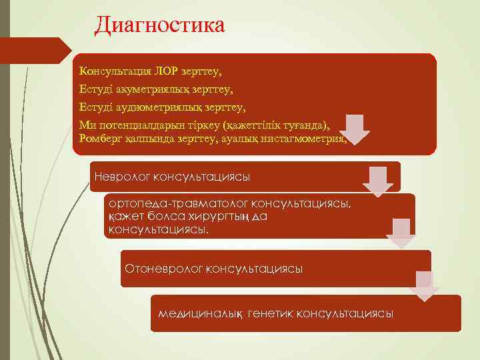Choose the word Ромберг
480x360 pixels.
[99, 138]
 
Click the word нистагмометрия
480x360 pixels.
[304, 138]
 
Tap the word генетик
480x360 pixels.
[270, 313]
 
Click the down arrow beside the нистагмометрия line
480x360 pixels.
[357, 129]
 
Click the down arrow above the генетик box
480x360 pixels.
[425, 285]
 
